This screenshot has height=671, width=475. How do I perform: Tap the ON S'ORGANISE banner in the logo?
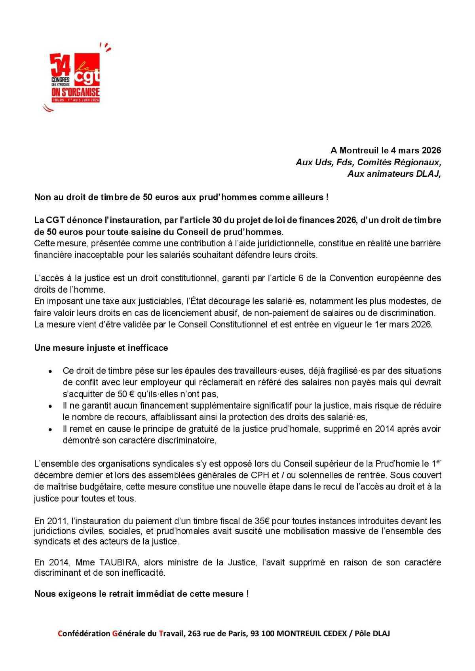pyautogui.click(x=76, y=93)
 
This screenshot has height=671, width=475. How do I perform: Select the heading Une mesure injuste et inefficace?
pyautogui.click(x=101, y=348)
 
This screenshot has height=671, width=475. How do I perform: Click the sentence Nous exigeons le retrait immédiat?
pyautogui.click(x=141, y=594)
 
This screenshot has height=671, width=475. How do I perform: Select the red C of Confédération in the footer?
pyautogui.click(x=60, y=633)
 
